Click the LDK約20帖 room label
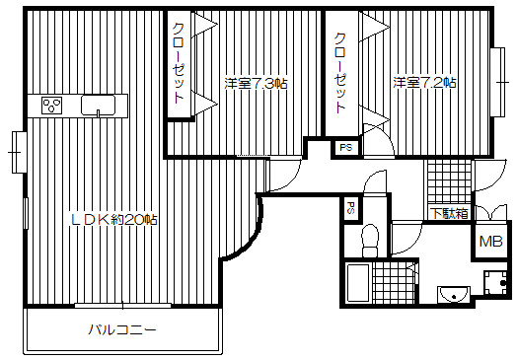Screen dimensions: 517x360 (112, 219)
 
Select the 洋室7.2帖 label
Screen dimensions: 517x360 (424, 83)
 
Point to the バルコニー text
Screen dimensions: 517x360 (123, 329)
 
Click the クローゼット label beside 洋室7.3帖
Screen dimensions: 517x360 (180, 63)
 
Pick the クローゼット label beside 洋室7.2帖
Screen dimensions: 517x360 (340, 73)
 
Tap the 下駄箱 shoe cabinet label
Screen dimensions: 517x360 (448, 213)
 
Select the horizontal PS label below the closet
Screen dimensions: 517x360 (345, 148)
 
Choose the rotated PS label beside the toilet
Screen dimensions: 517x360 (350, 209)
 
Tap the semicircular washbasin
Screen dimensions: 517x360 (454, 293)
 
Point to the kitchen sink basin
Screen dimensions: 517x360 (103, 106)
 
